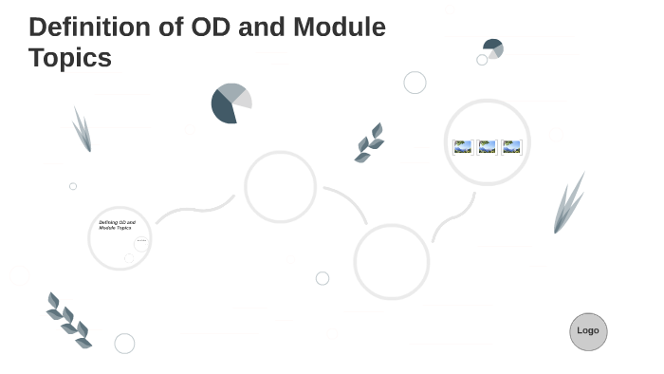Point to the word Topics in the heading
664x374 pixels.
pyautogui.click(x=69, y=58)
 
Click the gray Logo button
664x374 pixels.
pyautogui.click(x=588, y=331)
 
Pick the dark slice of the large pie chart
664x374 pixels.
pyautogui.click(x=223, y=108)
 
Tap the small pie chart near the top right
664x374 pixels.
pyautogui.click(x=493, y=48)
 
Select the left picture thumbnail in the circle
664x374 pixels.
pyautogui.click(x=463, y=147)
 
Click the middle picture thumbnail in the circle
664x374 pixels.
pyautogui.click(x=488, y=147)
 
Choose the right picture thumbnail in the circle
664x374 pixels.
pyautogui.click(x=512, y=147)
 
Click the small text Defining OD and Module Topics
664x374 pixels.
pyautogui.click(x=117, y=225)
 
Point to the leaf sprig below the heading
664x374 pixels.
pyautogui.click(x=83, y=130)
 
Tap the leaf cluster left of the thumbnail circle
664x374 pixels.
pyautogui.click(x=369, y=143)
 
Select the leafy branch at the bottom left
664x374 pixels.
pyautogui.click(x=68, y=320)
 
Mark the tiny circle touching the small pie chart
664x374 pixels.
pyautogui.click(x=482, y=60)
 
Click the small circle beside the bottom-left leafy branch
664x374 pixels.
pyautogui.click(x=124, y=344)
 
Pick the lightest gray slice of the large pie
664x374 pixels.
pyautogui.click(x=243, y=99)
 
